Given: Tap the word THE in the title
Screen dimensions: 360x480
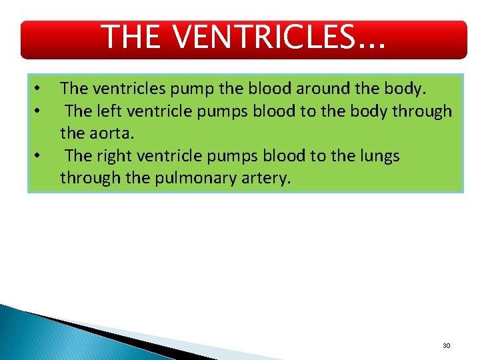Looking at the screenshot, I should [131, 38].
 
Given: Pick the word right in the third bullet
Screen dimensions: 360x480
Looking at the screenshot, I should [112, 156].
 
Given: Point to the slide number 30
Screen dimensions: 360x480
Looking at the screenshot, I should [446, 346].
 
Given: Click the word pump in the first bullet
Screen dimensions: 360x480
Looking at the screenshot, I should [175, 88].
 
